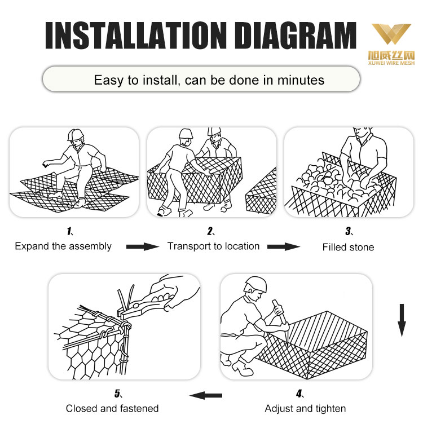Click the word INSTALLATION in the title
(x=136, y=36)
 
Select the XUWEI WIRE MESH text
(x=391, y=63)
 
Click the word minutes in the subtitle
(x=301, y=80)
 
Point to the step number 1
(x=69, y=231)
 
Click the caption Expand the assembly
(x=63, y=246)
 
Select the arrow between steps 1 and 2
(x=143, y=246)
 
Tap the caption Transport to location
(x=213, y=246)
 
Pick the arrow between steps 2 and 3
(x=284, y=246)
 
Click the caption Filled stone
(x=349, y=247)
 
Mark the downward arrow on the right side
(x=402, y=320)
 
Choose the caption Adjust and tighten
(x=305, y=409)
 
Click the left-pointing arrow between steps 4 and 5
(x=206, y=395)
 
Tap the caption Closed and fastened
(x=112, y=409)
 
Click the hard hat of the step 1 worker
(x=75, y=134)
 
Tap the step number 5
(x=117, y=394)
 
